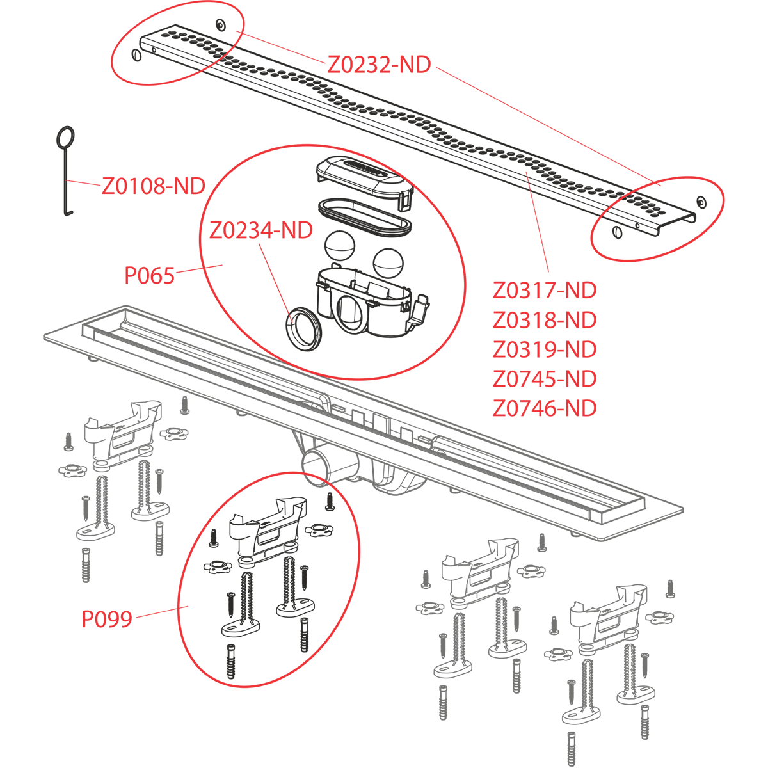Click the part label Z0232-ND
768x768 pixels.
(379, 64)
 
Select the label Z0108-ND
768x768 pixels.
(153, 186)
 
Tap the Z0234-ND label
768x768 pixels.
(261, 230)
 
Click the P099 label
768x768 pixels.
(107, 619)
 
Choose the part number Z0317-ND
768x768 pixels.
(544, 290)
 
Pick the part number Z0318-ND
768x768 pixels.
(544, 319)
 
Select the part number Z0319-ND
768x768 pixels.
(544, 349)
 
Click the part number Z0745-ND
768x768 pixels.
(544, 378)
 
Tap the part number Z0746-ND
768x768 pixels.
(544, 408)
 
